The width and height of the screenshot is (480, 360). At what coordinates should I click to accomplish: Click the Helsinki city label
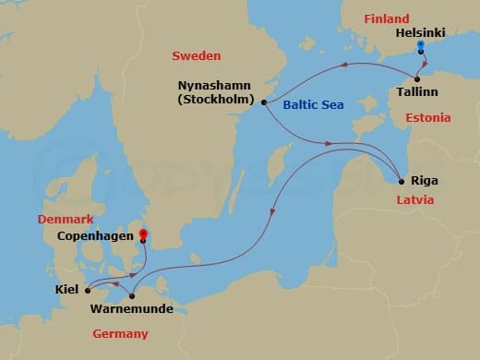419,31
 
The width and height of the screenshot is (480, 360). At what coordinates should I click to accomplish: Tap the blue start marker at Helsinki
420,44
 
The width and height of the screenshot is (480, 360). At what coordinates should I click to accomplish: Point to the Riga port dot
400,181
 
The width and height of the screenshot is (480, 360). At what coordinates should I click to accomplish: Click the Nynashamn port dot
264,102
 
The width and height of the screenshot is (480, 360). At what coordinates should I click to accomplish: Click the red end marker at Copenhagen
143,234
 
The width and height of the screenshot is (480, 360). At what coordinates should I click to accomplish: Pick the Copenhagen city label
90,237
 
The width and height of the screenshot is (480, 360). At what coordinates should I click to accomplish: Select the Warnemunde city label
133,309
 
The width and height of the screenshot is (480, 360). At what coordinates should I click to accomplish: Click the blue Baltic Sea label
313,105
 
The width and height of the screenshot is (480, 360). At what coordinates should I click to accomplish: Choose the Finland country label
386,18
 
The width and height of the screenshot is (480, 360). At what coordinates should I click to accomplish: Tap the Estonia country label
428,118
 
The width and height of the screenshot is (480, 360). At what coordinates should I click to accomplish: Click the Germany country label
120,333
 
